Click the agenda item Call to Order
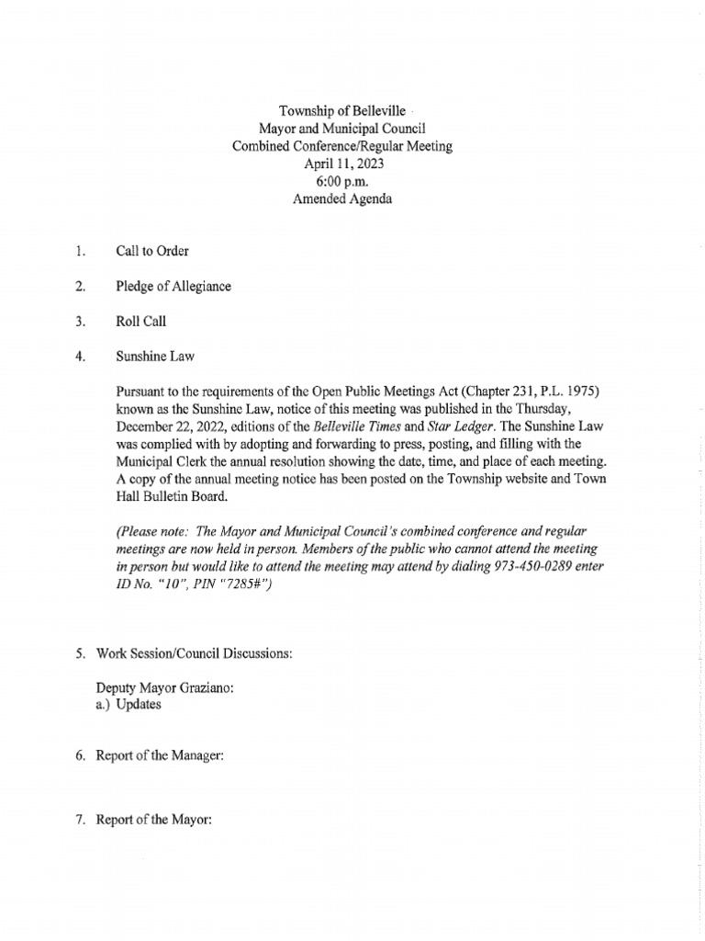point(152,251)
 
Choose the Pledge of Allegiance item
point(173,287)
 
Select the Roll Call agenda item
point(141,323)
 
